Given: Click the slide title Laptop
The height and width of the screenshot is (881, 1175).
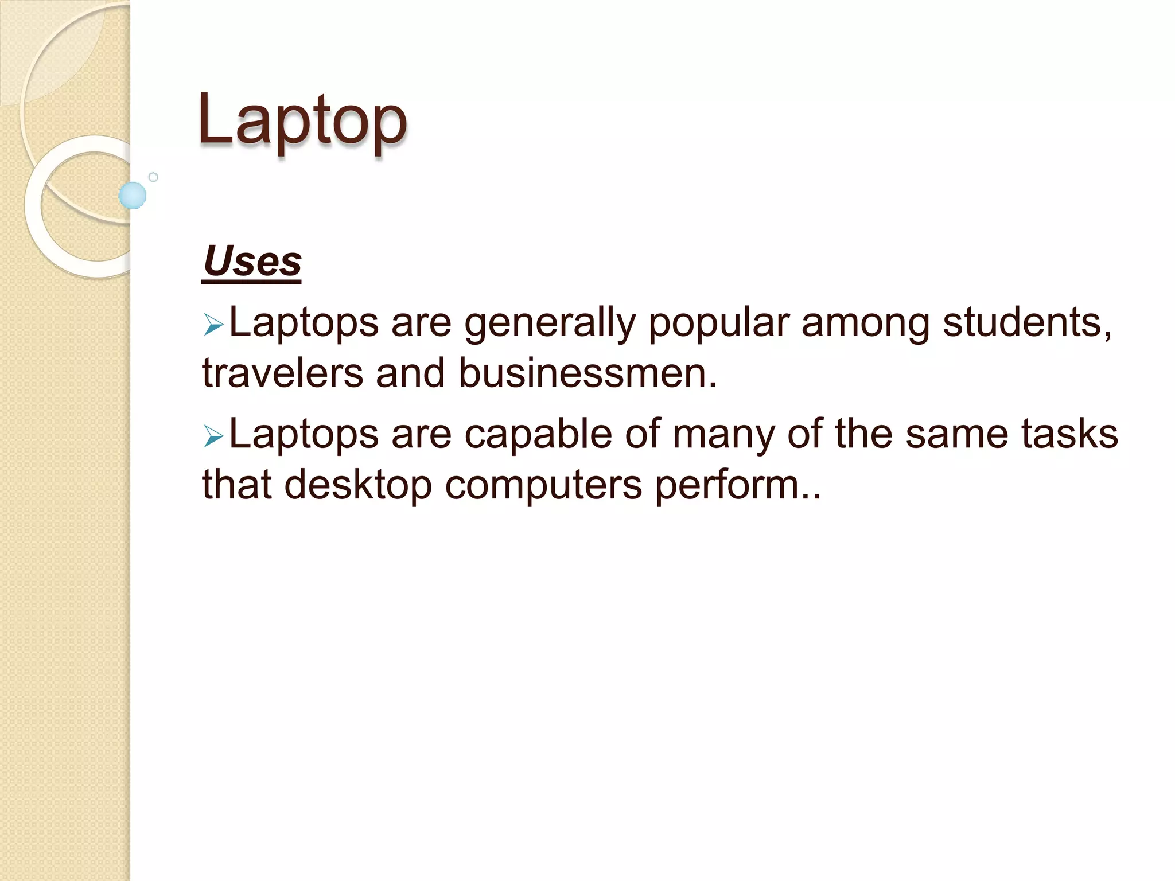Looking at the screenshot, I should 302,120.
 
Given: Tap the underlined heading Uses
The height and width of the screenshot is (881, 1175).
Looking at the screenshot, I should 252,262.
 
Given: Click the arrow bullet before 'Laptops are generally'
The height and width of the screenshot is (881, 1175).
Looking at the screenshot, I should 213,326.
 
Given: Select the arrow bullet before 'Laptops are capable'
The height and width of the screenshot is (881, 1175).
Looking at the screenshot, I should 213,438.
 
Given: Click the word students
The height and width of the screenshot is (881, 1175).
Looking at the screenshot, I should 1027,323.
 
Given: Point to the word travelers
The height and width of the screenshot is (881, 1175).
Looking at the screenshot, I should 282,373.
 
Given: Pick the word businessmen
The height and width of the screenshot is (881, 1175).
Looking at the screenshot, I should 587,373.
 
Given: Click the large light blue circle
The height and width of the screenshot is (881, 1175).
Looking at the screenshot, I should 133,195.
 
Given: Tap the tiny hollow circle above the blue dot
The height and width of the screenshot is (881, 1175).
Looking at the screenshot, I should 153,177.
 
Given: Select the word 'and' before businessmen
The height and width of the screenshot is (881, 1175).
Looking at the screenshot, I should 410,373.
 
